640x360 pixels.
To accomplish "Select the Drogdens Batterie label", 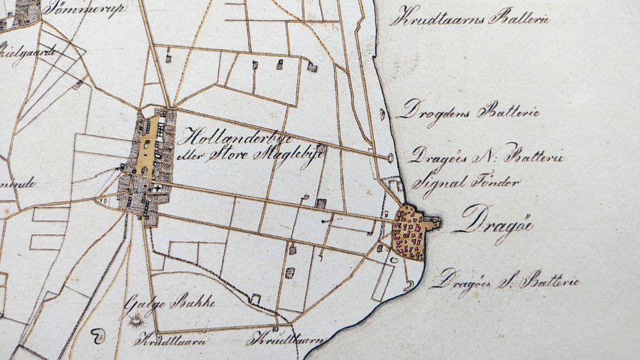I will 467,111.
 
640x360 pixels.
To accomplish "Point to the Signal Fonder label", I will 456,180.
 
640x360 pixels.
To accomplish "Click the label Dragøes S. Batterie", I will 504,281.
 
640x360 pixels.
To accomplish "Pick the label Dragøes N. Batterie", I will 486,157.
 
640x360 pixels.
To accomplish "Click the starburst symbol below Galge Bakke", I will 138,322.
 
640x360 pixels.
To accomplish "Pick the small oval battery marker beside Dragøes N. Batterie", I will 389,158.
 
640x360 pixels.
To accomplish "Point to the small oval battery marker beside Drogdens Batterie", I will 382,114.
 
